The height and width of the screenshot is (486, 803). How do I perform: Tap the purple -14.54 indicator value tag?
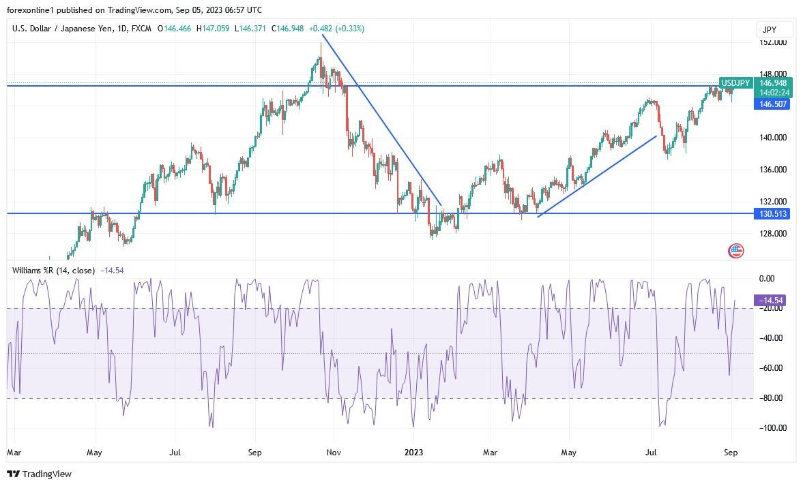click(771, 300)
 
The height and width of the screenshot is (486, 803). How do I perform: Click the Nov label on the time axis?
click(334, 452)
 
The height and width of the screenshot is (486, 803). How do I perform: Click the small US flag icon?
click(735, 251)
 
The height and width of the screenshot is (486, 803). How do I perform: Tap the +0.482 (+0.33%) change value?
click(336, 29)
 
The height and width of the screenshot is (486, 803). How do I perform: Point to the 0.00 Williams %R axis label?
click(768, 278)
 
